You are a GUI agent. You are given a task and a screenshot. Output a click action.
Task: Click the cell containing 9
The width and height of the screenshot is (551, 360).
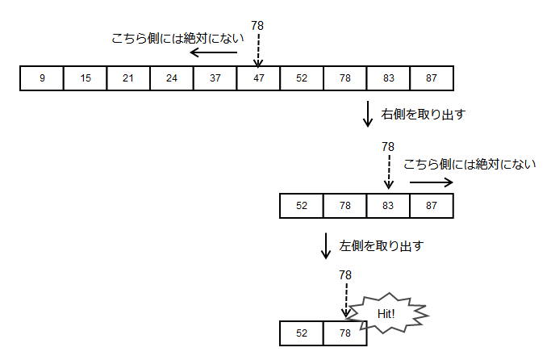point(42,78)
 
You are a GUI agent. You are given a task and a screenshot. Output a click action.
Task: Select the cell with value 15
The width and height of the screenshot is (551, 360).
point(85,78)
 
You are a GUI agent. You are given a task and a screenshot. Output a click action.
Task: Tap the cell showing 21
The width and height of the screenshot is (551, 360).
point(128,78)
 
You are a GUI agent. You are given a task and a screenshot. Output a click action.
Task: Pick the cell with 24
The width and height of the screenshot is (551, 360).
point(172,78)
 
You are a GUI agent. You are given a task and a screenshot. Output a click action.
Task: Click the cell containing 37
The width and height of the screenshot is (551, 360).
point(215,78)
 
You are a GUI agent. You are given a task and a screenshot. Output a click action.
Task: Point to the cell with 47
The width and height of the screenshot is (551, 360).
point(258,78)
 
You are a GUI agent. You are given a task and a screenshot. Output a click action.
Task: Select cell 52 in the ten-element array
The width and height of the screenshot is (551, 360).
point(302,78)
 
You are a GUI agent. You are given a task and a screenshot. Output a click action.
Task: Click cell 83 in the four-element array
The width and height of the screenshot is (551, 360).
point(388,206)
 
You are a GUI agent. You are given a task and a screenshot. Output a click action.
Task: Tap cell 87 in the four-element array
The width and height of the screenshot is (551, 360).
point(432,206)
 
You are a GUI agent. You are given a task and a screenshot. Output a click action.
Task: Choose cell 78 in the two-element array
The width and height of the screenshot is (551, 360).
point(345,333)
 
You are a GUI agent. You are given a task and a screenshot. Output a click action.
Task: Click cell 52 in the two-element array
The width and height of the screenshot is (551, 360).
point(302,333)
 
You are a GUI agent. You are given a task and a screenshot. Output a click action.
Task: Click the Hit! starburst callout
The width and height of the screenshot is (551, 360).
point(386,314)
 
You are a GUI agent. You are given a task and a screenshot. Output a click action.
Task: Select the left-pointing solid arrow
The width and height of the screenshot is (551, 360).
point(214,52)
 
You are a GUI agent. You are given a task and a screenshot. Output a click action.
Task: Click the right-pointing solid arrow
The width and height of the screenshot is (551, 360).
point(431,182)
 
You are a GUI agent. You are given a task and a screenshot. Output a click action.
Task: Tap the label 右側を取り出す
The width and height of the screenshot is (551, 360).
point(423,115)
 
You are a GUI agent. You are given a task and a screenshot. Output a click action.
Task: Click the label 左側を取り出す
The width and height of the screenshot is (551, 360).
point(382,245)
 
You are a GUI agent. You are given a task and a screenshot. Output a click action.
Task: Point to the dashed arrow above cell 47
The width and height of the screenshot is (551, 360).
point(258,50)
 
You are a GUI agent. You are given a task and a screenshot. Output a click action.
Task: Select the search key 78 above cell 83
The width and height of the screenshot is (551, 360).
point(388,147)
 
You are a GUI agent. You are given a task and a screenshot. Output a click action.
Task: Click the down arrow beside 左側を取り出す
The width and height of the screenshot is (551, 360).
point(326,245)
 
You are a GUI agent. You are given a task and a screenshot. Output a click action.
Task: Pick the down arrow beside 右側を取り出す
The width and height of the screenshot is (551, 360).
point(368,114)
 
